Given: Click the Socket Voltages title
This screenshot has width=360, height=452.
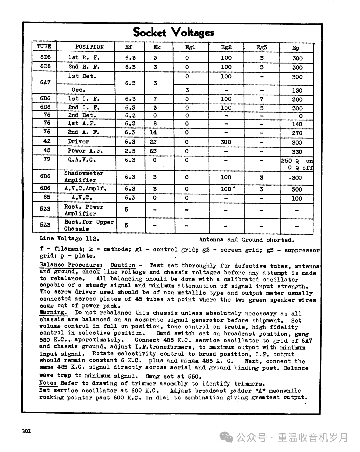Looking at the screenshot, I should point(173,32).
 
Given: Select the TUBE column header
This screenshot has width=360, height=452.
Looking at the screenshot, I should point(44,47).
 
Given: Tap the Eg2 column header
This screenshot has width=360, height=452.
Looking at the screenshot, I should point(226,47).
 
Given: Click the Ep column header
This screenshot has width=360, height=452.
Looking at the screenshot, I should point(296,48).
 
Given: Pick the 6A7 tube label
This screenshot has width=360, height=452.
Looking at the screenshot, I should point(45,82).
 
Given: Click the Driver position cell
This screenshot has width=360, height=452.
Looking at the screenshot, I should point(79,141).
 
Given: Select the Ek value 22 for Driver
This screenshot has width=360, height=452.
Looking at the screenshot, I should point(153,142).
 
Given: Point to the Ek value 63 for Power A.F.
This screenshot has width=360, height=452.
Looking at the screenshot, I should point(153,151).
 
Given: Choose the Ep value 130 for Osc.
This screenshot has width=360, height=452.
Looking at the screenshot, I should point(297,90).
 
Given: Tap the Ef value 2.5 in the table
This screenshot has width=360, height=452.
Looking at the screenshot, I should point(130,151).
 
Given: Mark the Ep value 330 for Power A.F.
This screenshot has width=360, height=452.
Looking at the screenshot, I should point(297,152).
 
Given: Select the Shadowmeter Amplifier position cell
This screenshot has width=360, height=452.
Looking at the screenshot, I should point(84,177).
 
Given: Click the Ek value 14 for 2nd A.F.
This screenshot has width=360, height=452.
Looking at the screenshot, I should point(153,132).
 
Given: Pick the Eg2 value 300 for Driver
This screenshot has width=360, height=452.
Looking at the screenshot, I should point(226,142).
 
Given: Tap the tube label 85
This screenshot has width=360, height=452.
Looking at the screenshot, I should point(46,197).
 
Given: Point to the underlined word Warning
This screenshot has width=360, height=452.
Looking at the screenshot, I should point(53,312).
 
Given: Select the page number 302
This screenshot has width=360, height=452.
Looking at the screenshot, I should point(26,431).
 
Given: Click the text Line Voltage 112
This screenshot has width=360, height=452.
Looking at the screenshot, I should point(69,239).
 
